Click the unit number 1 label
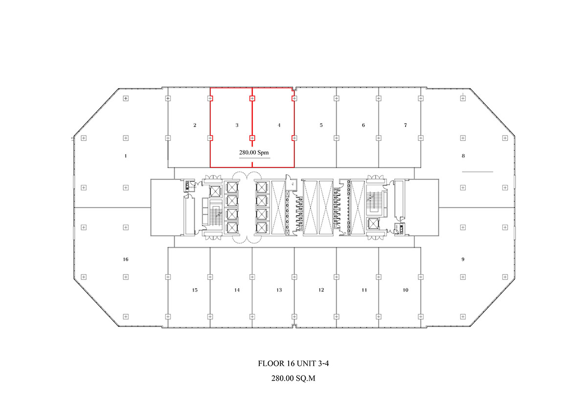click(126, 156)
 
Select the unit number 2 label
click(195, 125)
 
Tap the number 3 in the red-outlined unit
click(237, 125)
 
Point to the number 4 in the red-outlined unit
click(279, 125)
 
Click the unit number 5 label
click(321, 125)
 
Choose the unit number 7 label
click(406, 125)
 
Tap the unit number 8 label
click(463, 156)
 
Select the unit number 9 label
click(463, 259)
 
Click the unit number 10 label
click(406, 290)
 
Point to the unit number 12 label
click(321, 290)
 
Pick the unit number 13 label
click(279, 290)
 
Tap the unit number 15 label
click(195, 290)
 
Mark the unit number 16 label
click(126, 259)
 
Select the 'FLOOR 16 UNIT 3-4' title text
click(293, 364)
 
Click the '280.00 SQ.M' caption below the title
click(293, 378)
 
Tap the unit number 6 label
click(363, 125)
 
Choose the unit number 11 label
click(364, 290)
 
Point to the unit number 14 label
click(237, 290)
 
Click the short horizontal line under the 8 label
click(477, 172)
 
